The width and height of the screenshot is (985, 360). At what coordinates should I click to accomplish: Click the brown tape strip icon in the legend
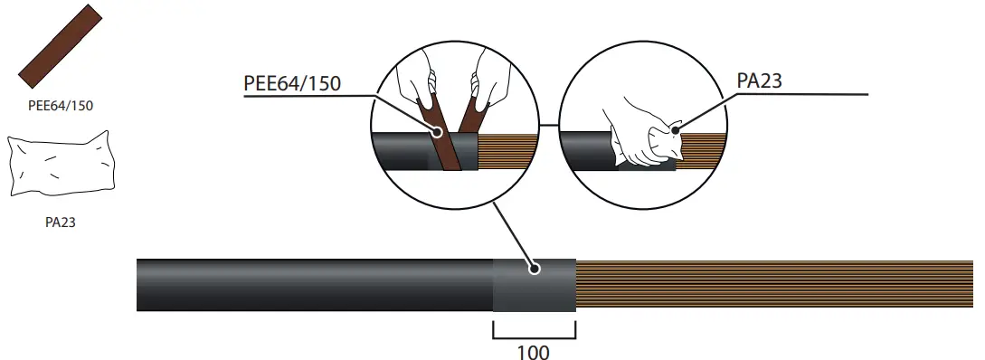click(60, 44)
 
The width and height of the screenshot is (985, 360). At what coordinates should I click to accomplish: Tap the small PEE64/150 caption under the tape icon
click(61, 105)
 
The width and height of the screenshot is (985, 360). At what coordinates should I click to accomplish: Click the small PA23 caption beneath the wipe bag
click(60, 222)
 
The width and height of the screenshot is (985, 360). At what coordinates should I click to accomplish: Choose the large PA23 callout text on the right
click(759, 81)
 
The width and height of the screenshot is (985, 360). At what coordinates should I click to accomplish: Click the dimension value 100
click(534, 351)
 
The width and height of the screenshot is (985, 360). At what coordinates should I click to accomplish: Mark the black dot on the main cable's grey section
click(535, 269)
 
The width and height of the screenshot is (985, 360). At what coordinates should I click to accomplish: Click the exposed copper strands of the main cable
click(769, 285)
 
